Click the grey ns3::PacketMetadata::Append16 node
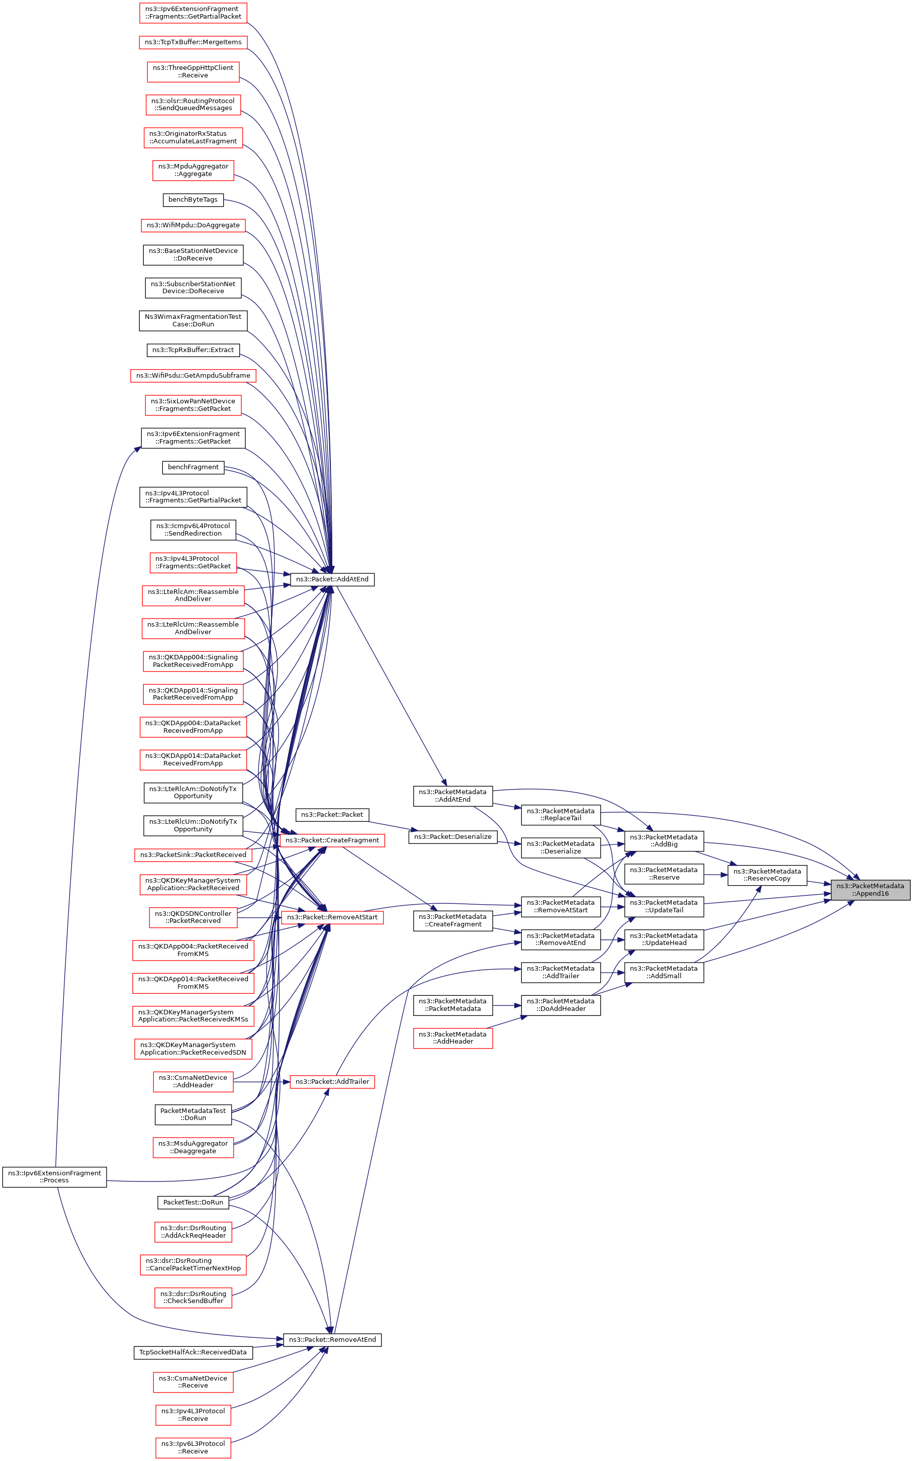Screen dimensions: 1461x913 pos(870,889)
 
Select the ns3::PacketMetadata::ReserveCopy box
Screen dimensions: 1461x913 pos(767,875)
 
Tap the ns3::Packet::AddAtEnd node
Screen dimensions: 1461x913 pos(332,579)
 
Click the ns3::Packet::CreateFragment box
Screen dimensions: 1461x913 pos(332,840)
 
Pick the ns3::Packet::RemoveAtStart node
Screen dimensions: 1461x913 pos(332,917)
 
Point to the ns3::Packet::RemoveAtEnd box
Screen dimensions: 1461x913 pos(332,1340)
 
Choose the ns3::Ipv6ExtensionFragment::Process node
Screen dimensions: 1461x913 pos(54,1176)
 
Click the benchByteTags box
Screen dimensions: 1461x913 pos(193,199)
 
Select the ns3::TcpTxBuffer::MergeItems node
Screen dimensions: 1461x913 pos(193,42)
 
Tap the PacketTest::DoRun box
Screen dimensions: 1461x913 pos(193,1202)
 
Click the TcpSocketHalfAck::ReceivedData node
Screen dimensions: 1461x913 pos(193,1352)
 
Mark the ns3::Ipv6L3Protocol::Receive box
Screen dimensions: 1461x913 pos(193,1447)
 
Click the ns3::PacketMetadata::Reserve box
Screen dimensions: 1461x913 pos(664,874)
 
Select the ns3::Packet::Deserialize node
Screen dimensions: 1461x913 pos(453,836)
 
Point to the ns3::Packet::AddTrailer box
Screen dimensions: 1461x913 pos(332,1082)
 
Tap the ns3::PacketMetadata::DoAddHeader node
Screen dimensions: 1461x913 pos(561,1004)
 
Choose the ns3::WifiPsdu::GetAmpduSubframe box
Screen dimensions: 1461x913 pos(193,376)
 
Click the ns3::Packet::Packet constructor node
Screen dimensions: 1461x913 pos(332,815)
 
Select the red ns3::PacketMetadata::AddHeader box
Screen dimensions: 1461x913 pos(453,1038)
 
